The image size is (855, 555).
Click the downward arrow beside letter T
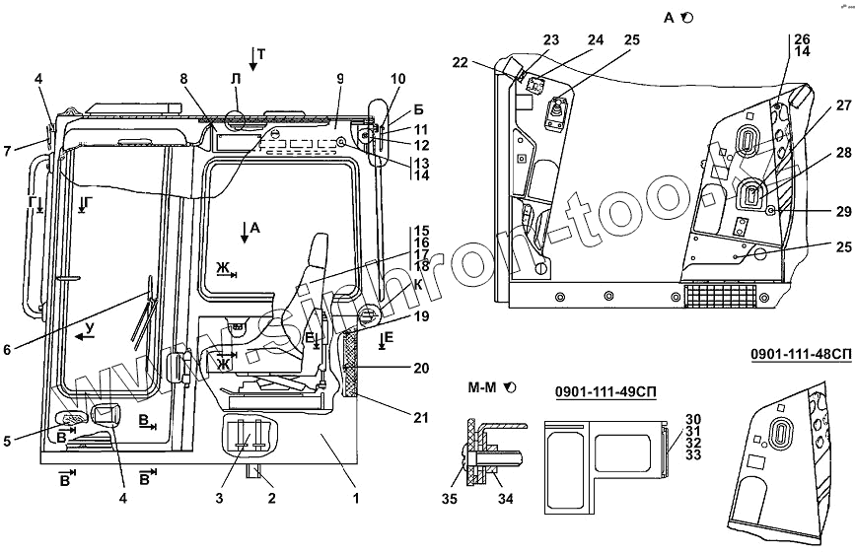[253, 59]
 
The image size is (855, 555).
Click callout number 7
[8, 150]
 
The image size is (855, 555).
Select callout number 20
[422, 370]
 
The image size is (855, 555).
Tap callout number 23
[550, 40]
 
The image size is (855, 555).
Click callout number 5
[8, 441]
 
